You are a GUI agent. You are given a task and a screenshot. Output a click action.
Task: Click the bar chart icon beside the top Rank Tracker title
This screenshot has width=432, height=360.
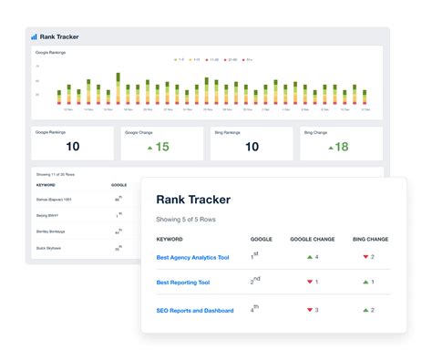(x=34, y=37)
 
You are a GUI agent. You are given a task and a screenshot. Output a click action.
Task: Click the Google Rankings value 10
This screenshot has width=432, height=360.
(x=73, y=147)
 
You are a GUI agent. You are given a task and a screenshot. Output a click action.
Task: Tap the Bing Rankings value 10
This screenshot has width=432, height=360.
(x=252, y=147)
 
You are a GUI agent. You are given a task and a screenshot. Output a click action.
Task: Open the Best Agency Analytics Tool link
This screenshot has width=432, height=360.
(x=192, y=258)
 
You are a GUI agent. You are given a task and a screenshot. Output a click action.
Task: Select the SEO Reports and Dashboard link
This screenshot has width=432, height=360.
(x=196, y=310)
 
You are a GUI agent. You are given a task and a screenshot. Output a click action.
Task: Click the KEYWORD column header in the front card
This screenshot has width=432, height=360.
(x=170, y=239)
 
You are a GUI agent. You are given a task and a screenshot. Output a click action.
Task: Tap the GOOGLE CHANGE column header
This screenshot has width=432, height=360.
(x=313, y=239)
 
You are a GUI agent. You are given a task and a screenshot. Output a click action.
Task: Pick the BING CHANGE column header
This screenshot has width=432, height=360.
(x=370, y=239)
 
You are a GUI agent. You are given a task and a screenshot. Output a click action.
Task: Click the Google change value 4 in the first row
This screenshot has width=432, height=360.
(x=315, y=258)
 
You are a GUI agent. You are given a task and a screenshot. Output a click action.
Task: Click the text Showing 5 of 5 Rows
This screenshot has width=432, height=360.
(x=190, y=219)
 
